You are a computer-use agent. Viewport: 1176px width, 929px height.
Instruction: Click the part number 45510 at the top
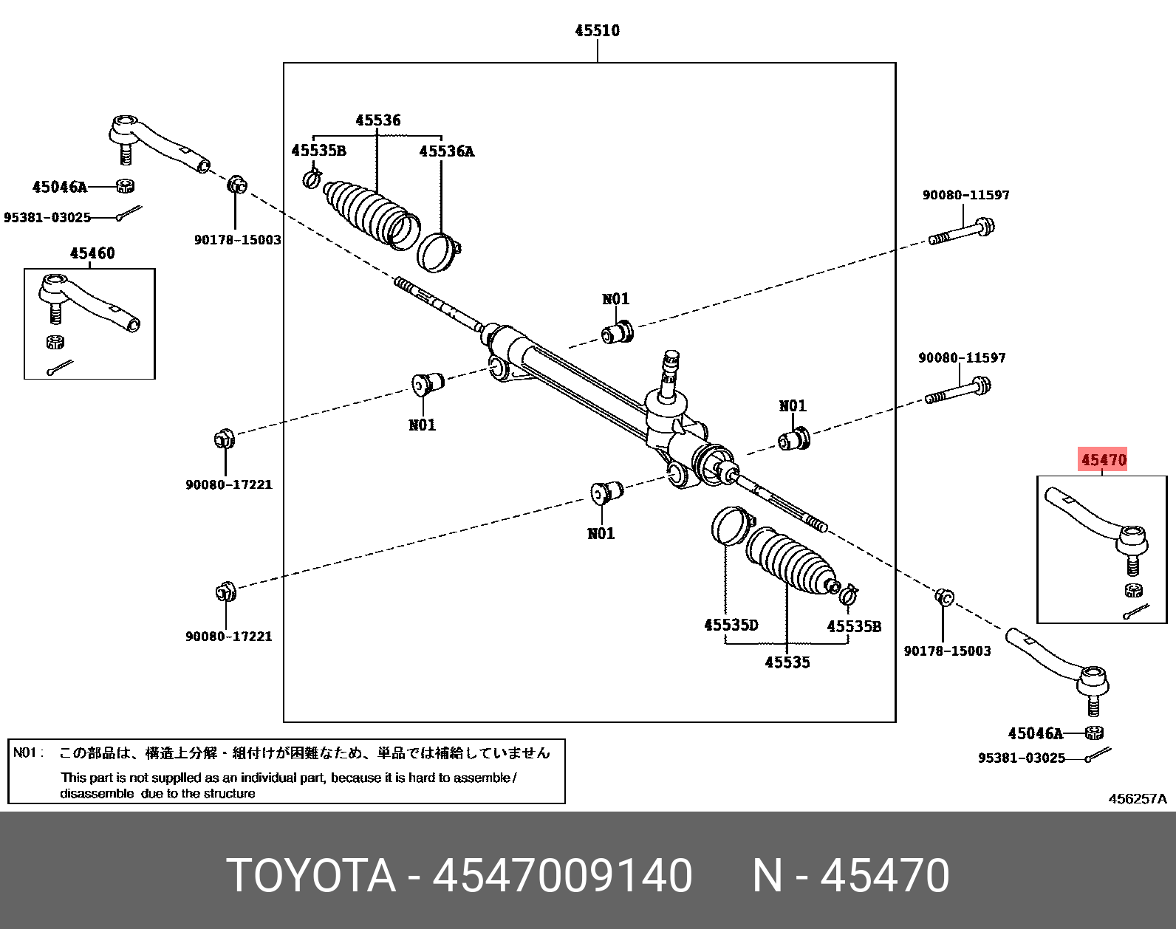pos(597,30)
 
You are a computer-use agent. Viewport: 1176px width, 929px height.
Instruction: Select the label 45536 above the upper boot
pos(377,120)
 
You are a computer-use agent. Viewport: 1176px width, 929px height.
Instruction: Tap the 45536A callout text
pos(446,151)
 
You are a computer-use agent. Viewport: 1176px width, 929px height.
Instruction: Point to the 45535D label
pos(731,625)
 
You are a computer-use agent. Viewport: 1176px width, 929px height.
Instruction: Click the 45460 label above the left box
pos(92,253)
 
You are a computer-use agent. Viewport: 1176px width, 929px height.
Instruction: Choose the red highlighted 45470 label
pos(1104,460)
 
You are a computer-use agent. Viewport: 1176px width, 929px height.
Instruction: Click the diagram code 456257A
pos(1137,798)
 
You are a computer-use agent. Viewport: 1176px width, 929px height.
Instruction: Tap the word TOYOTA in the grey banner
pos(311,876)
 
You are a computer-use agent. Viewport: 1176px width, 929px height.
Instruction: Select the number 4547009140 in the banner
pos(562,876)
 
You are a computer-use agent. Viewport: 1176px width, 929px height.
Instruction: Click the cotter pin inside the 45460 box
pos(59,367)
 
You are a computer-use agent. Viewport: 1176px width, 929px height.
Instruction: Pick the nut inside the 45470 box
pos(1133,589)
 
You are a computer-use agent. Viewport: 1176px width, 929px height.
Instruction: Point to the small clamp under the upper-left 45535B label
pos(312,178)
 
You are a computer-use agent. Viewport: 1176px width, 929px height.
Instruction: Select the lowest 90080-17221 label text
pos(228,636)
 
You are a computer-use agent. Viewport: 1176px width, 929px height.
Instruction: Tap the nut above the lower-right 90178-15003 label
pos(943,597)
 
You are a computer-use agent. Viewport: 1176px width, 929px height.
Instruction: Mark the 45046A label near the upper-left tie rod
pos(59,187)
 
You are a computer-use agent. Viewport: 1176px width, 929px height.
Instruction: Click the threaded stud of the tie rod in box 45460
pos(54,313)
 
